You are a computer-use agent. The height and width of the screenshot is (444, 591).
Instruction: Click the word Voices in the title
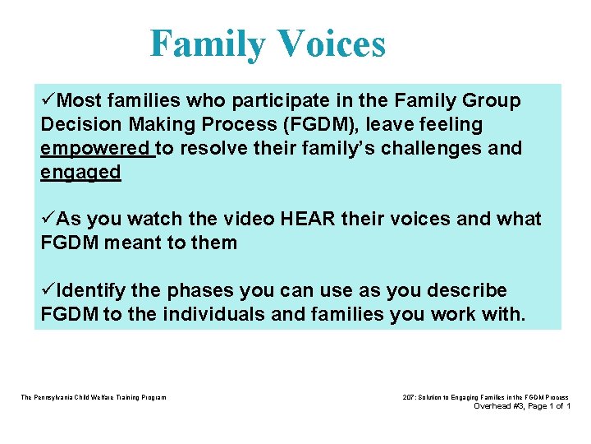tap(330, 44)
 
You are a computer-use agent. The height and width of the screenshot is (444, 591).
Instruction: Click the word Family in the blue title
tap(205, 44)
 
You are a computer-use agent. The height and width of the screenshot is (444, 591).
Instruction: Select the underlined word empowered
tap(96, 149)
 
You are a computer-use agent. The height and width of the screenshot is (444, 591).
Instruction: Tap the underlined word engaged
tap(80, 172)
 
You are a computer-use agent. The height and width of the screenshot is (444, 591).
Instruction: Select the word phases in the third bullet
tap(197, 291)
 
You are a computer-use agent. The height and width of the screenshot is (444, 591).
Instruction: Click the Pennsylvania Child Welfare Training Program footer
tap(93, 397)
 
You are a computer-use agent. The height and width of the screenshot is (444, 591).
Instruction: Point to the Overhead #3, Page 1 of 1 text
tap(522, 406)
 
